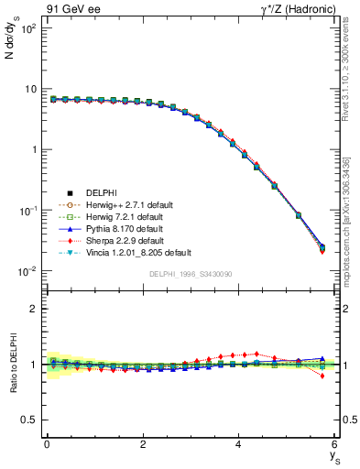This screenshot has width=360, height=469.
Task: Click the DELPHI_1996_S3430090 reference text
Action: [x=191, y=275]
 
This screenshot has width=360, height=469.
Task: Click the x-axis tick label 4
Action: [x=238, y=444]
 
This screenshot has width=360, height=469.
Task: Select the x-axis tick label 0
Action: [x=47, y=444]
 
